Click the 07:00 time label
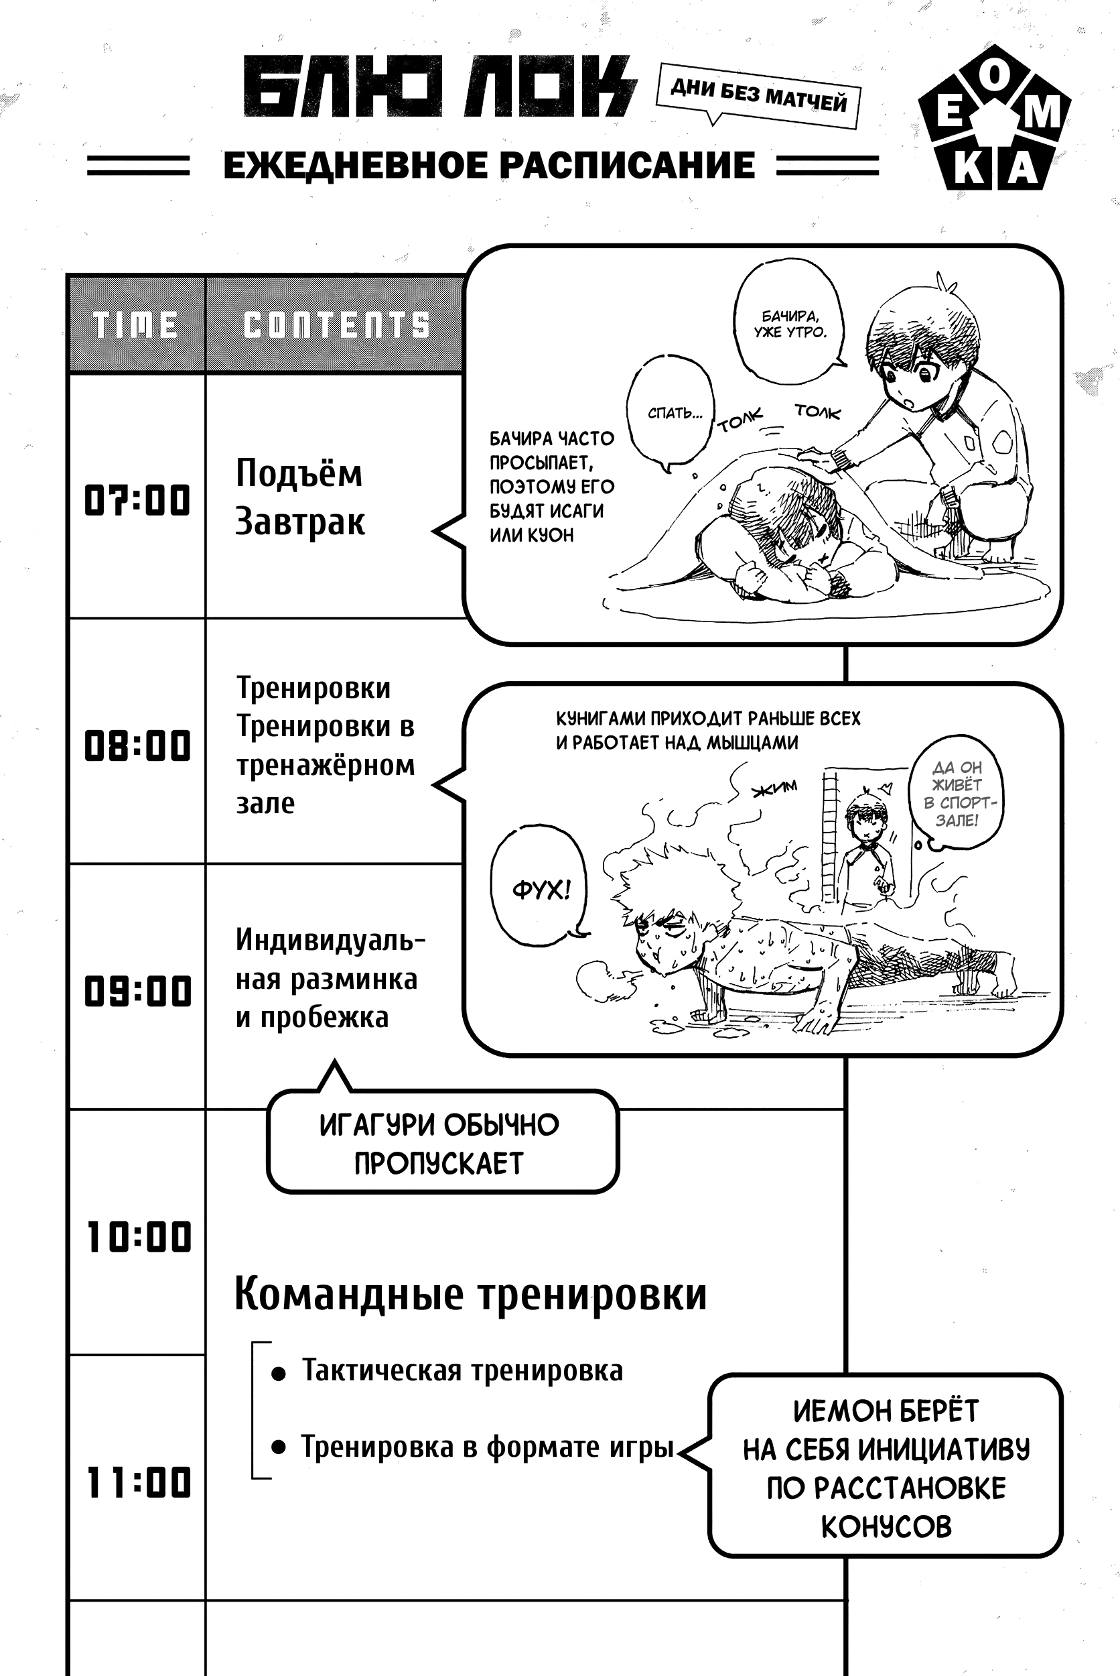click(x=137, y=499)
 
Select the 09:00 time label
click(x=137, y=992)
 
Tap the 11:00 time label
click(x=139, y=1482)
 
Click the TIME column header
click(x=136, y=325)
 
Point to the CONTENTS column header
click(x=336, y=325)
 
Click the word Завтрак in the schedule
click(x=299, y=522)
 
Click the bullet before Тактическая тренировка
click(x=279, y=1373)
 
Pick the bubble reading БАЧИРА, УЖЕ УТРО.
click(x=789, y=323)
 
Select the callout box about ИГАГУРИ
click(x=441, y=1144)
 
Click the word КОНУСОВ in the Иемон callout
click(x=886, y=1527)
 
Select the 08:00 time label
click(x=137, y=745)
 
